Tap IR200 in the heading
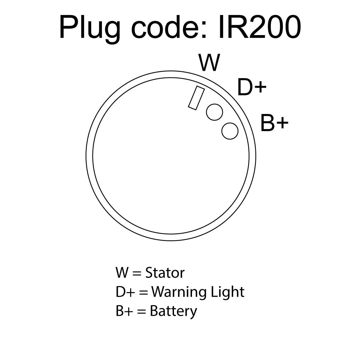click(x=260, y=27)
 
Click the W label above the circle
click(x=209, y=63)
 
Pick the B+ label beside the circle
click(x=274, y=123)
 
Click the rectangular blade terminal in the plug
click(x=196, y=98)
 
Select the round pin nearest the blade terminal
click(x=214, y=112)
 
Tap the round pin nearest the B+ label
click(x=230, y=131)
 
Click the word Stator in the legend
click(x=165, y=273)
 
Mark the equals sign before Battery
click(x=141, y=312)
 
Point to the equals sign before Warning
click(x=143, y=293)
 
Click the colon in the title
click(x=204, y=30)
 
